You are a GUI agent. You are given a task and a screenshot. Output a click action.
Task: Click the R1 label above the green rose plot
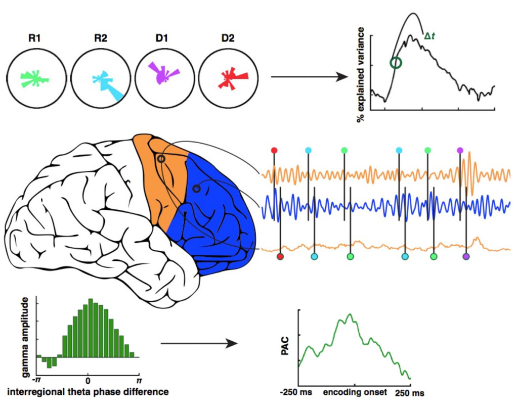(x=34, y=38)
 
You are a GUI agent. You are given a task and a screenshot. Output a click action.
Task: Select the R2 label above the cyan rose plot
(x=101, y=38)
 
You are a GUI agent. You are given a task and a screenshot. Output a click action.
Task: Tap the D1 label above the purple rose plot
(x=162, y=38)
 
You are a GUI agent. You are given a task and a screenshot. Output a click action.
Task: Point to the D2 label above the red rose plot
(x=228, y=38)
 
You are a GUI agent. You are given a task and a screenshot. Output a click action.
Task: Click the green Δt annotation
(x=429, y=36)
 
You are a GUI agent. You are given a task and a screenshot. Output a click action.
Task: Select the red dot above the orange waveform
(x=274, y=151)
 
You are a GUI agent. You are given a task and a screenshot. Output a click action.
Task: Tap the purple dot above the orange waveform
(x=460, y=151)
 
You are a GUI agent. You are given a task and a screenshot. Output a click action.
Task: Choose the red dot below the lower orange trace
(x=280, y=256)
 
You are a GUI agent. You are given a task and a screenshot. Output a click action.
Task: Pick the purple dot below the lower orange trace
(x=466, y=256)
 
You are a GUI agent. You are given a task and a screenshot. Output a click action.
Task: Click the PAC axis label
(x=285, y=346)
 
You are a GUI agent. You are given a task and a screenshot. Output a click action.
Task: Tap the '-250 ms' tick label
(x=295, y=392)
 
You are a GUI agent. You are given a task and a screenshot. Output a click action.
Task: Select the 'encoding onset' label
(x=355, y=392)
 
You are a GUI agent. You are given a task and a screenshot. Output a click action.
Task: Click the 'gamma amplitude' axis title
(x=25, y=337)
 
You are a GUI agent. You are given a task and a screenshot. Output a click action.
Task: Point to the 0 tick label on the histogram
(x=88, y=381)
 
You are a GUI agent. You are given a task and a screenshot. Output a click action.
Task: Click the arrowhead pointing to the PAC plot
(x=232, y=343)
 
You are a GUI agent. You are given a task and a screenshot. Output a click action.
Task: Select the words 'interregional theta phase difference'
(x=88, y=392)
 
